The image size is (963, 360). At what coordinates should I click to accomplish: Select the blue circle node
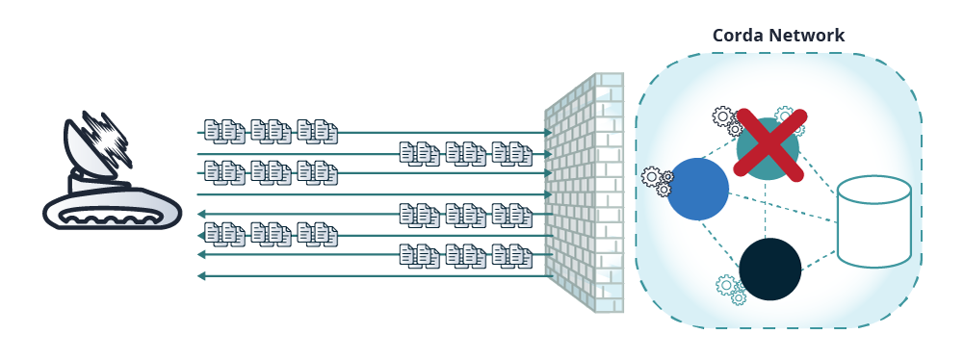[x=696, y=187]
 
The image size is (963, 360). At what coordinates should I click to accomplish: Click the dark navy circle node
[x=770, y=268]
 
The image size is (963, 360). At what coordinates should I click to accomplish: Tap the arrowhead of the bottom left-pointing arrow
[x=201, y=276]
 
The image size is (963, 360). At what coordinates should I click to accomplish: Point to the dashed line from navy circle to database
[x=820, y=252]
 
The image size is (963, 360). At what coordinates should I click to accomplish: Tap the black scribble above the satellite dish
[x=111, y=140]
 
